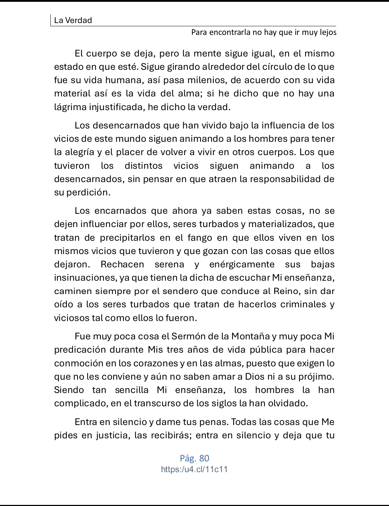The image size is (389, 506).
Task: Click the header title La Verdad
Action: pos(73,20)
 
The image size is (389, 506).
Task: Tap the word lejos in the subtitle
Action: pos(327,32)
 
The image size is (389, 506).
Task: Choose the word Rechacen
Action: pos(122,265)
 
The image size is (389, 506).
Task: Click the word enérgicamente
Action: pos(242,265)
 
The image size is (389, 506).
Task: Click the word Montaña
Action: pos(250,336)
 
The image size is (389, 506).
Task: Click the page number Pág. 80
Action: pos(194,458)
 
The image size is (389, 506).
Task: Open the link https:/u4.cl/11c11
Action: pos(194,469)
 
